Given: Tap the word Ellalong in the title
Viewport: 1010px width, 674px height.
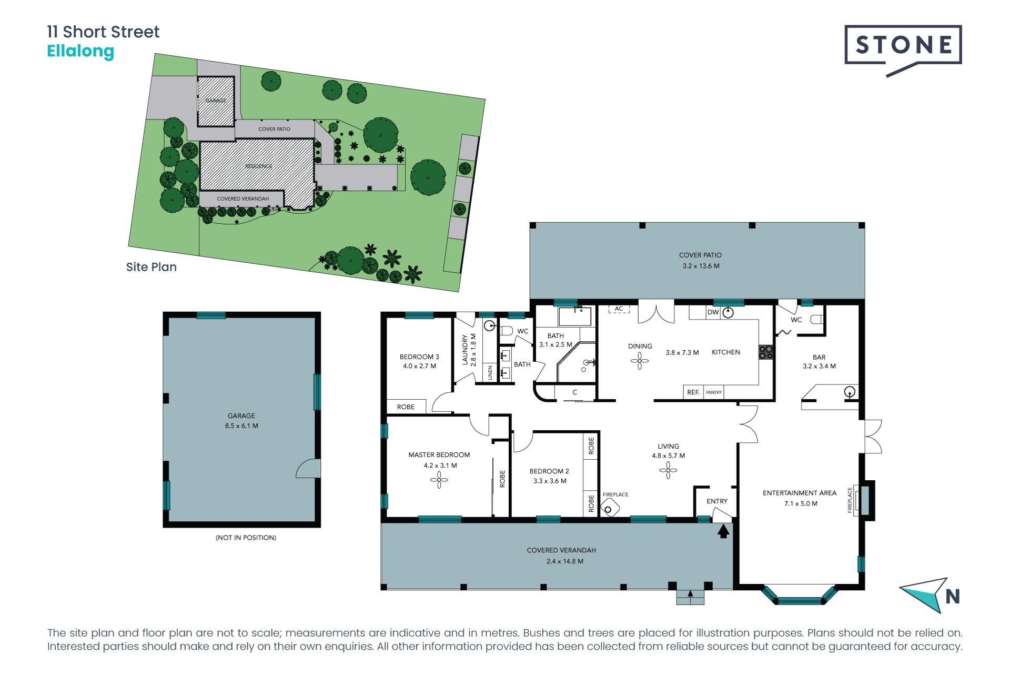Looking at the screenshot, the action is click(80, 51).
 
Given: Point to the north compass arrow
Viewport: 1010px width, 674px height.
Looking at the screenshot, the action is click(922, 596).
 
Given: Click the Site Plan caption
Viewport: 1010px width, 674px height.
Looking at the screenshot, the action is click(151, 267).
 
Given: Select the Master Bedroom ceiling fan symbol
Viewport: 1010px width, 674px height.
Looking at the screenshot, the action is click(439, 480).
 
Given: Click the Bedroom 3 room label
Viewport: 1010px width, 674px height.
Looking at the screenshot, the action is click(419, 356).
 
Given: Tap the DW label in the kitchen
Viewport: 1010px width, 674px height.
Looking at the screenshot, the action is click(713, 312).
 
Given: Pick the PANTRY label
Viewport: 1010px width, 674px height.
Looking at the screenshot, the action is click(714, 392).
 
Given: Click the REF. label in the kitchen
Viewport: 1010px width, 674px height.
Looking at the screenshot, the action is click(693, 392).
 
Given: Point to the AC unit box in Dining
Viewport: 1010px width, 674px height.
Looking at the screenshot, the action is click(619, 309).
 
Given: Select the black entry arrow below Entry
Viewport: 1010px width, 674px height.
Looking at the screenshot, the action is click(723, 531).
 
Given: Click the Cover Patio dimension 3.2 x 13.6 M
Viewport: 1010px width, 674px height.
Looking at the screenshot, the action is click(701, 266).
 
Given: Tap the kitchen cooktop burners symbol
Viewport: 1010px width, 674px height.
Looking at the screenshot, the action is click(766, 352).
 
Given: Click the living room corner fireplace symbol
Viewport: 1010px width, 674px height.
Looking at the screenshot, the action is click(610, 509).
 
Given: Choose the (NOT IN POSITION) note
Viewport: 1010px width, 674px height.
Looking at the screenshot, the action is click(246, 538).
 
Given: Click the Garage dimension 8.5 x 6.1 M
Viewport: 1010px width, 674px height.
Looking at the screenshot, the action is click(241, 426).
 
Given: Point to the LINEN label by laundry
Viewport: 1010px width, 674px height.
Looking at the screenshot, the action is click(490, 373).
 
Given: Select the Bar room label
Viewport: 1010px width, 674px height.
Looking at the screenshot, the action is click(819, 357).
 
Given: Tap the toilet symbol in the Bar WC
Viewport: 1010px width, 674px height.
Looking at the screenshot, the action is click(816, 319).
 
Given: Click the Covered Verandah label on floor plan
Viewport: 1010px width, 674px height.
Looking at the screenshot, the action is click(561, 550).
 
